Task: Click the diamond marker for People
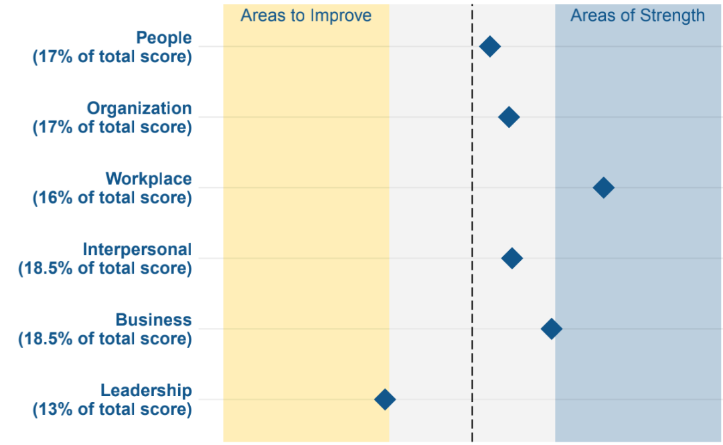[x=489, y=46]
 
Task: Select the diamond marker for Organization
[x=509, y=116]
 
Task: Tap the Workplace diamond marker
[x=604, y=187]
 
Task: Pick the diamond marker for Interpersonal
[x=512, y=258]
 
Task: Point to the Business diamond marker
[x=552, y=329]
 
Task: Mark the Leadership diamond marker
[x=385, y=399]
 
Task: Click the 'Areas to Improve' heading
[x=306, y=15]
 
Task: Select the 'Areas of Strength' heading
[x=638, y=15]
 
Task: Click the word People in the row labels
[x=164, y=38]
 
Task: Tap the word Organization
[x=139, y=108]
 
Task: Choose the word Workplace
[x=149, y=179]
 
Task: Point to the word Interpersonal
[x=137, y=250]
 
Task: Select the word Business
[x=153, y=320]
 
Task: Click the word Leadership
[x=146, y=391]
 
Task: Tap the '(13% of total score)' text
[x=112, y=410]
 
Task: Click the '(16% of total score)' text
[x=112, y=198]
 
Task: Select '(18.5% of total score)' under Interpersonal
[x=105, y=268]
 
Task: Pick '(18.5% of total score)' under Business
[x=105, y=339]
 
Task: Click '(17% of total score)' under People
[x=112, y=57]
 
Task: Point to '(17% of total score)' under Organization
[x=112, y=127]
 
